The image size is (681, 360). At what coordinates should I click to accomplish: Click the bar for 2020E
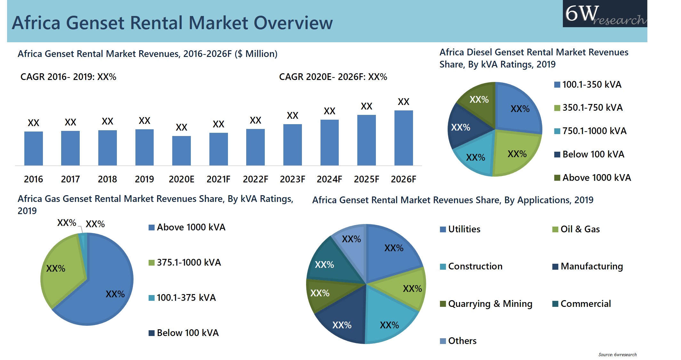click(x=181, y=151)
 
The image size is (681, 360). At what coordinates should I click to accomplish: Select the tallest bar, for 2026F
click(x=403, y=138)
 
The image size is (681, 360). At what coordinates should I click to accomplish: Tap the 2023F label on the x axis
click(x=292, y=179)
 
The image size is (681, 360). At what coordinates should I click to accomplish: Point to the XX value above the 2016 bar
click(x=33, y=123)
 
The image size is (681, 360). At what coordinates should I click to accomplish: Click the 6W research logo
click(x=604, y=14)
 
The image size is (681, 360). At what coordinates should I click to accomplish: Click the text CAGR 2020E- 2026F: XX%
click(x=333, y=77)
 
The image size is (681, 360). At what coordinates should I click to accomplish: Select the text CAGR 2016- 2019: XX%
click(x=68, y=77)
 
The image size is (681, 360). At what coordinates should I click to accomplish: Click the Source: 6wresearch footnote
click(x=617, y=355)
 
